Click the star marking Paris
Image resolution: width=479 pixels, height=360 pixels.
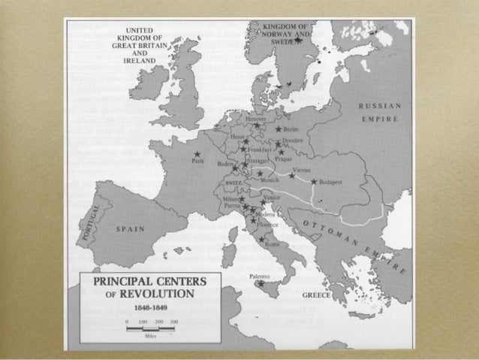(197, 155)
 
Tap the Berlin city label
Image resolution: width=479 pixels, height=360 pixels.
(292, 129)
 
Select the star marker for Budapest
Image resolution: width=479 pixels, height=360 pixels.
(313, 182)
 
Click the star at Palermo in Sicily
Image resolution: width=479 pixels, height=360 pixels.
(260, 283)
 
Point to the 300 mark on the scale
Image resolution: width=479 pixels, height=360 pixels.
(173, 321)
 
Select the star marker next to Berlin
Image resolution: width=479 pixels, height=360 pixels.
(279, 129)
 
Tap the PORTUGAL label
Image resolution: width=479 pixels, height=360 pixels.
(84, 222)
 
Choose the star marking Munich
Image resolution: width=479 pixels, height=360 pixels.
(260, 174)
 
